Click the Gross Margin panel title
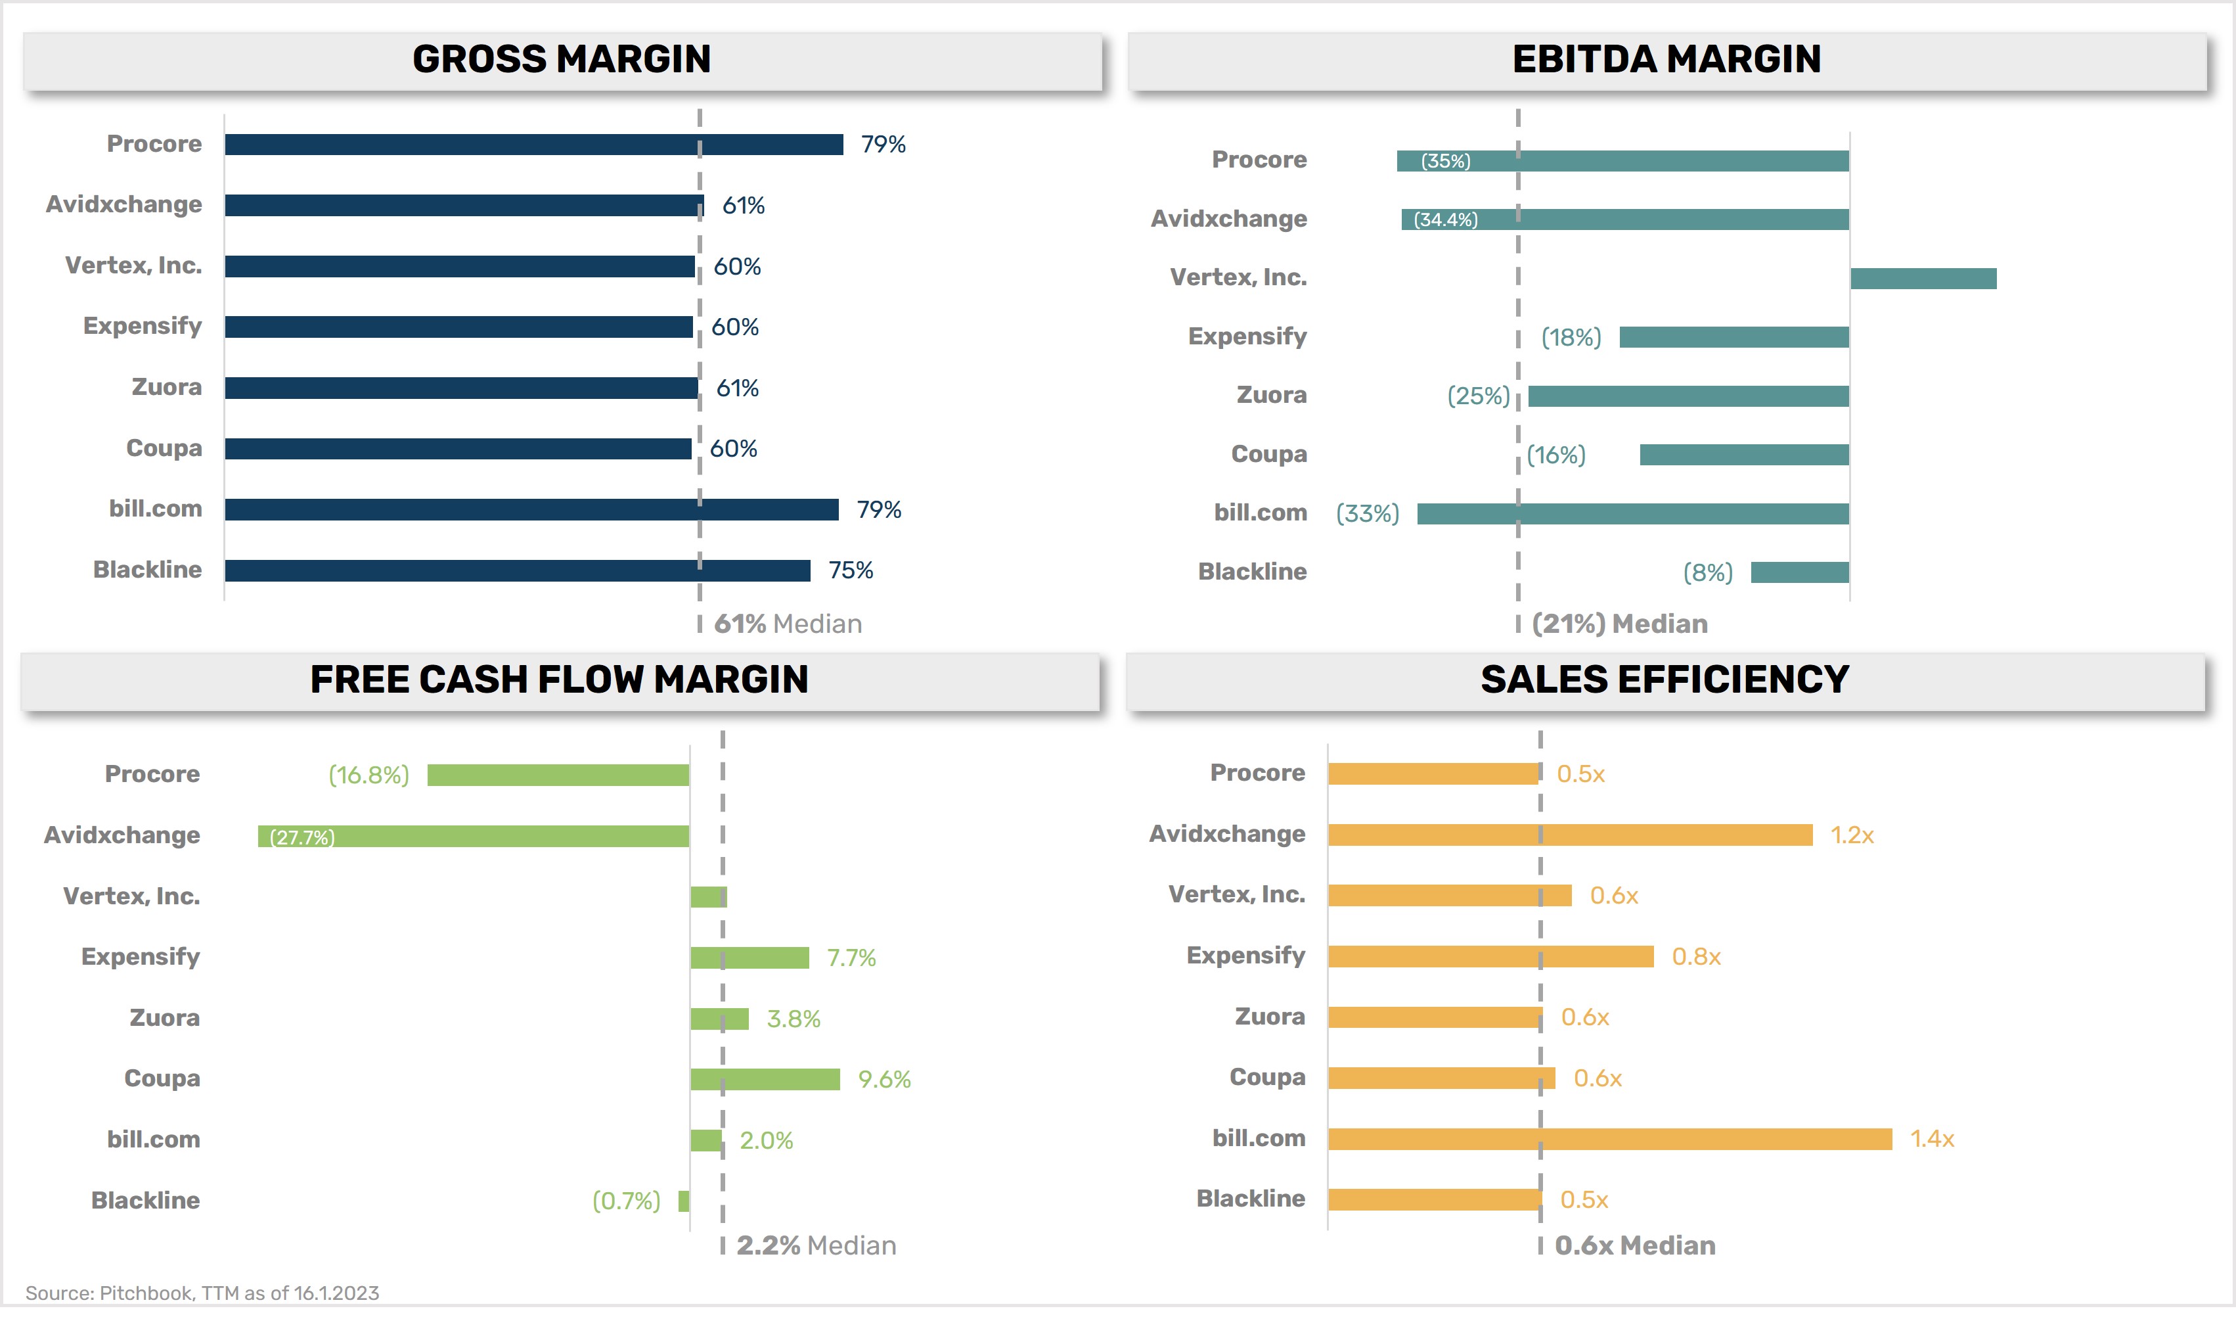(561, 59)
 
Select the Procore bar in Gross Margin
(532, 145)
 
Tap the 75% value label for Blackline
(850, 570)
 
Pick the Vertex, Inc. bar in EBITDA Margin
(1923, 279)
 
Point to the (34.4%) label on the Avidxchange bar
(1445, 220)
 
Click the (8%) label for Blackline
(1707, 572)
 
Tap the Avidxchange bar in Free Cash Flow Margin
(473, 836)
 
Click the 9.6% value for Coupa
(883, 1080)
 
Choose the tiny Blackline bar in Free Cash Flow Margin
(683, 1201)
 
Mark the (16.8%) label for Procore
(369, 775)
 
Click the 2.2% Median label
(815, 1246)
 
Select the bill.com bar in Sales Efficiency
(1609, 1140)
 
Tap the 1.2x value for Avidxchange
(1852, 836)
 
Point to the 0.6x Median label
(1634, 1246)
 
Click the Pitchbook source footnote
(202, 1293)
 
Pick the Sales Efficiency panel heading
(1665, 680)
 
